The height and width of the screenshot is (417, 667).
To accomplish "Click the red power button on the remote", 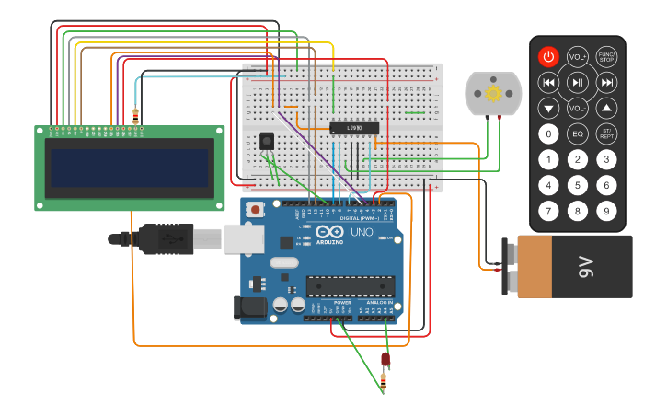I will click(x=548, y=56).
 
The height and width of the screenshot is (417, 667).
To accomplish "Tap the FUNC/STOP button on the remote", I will click(x=606, y=56).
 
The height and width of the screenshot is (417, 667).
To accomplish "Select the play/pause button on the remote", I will click(x=578, y=83).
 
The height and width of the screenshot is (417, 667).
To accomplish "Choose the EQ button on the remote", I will click(x=578, y=134).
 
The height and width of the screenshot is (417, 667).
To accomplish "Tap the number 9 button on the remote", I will click(x=606, y=212).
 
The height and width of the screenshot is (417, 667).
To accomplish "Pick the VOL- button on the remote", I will click(x=578, y=109).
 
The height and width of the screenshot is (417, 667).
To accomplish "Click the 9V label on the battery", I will click(x=585, y=267).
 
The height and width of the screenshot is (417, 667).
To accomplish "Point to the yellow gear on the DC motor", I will click(x=493, y=93).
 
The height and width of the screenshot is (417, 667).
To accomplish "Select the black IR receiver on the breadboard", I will click(x=267, y=141).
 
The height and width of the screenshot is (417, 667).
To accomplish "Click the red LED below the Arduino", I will click(x=385, y=359).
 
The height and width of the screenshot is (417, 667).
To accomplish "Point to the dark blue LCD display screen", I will click(x=129, y=168).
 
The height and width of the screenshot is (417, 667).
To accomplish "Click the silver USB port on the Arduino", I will click(x=244, y=239).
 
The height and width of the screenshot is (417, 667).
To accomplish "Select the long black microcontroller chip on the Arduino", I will click(x=350, y=287).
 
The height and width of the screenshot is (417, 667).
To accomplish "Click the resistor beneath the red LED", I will click(x=384, y=378).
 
